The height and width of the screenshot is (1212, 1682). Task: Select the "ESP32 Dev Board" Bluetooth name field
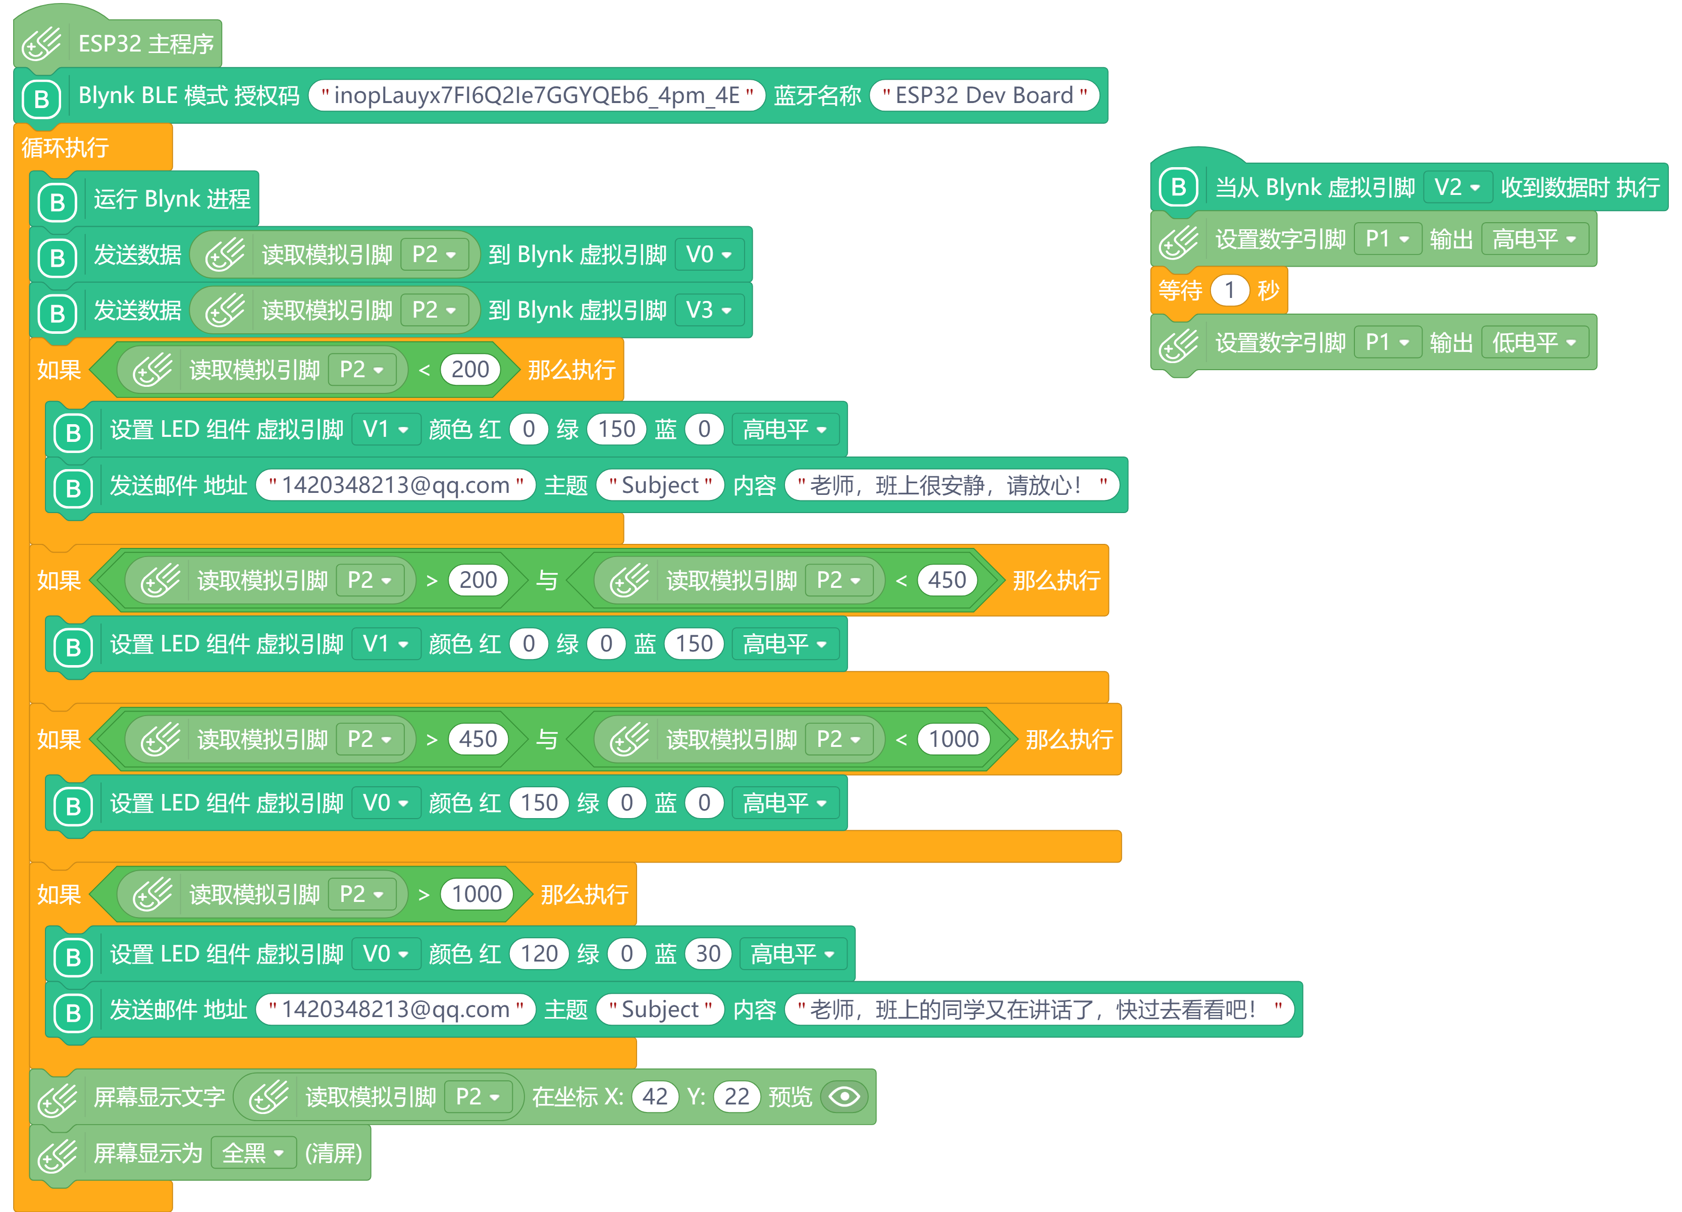[984, 95]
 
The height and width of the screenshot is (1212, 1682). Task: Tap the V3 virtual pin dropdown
[709, 310]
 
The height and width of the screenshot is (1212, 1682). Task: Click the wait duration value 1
[1230, 290]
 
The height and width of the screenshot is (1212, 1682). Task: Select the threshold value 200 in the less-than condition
[470, 369]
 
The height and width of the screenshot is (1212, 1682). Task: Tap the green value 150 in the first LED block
[616, 429]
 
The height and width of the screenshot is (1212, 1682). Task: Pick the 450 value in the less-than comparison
[947, 580]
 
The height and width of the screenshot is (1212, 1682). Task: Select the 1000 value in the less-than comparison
[954, 739]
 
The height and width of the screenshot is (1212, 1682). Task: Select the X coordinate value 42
[655, 1097]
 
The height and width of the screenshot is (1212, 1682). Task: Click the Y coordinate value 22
[737, 1097]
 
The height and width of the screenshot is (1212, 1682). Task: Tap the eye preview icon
[845, 1097]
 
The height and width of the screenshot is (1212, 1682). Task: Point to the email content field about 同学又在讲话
[1039, 1009]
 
